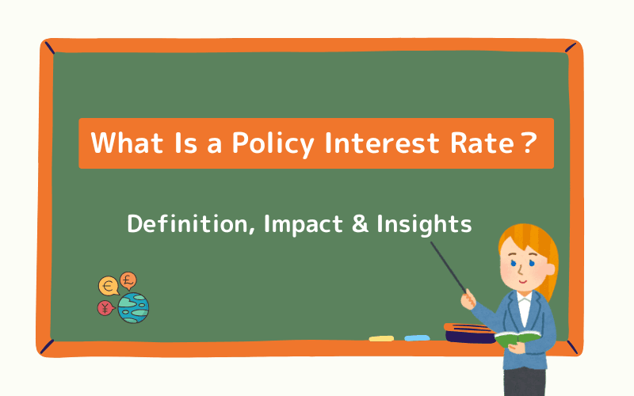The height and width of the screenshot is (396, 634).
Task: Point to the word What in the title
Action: pyautogui.click(x=125, y=143)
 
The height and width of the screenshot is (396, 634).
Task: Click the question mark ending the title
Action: pyautogui.click(x=526, y=143)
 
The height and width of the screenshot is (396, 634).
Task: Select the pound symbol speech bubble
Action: pyautogui.click(x=128, y=280)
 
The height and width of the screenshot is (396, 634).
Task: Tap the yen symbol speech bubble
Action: pyautogui.click(x=105, y=308)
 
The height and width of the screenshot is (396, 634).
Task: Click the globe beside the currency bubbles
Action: pyautogui.click(x=133, y=307)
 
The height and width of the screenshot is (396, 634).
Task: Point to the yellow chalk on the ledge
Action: pyautogui.click(x=381, y=338)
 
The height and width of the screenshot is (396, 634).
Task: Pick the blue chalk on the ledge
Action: pyautogui.click(x=417, y=338)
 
